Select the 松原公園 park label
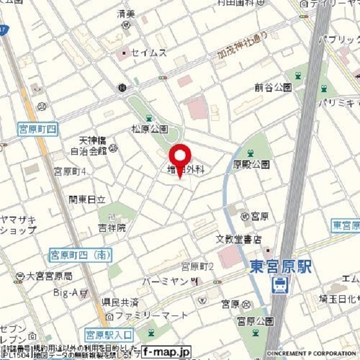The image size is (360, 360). coord(150,129)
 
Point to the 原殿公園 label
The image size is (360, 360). coord(251,164)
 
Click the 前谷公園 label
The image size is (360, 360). coord(273,87)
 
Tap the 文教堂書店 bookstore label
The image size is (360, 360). coord(239,239)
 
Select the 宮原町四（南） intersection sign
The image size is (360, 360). coord(80,255)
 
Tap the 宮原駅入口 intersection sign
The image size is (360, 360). coord(109,335)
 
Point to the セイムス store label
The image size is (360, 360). coord(148,52)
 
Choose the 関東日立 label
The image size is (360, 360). coord(87,199)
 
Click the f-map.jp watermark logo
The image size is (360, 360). coord(166,352)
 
